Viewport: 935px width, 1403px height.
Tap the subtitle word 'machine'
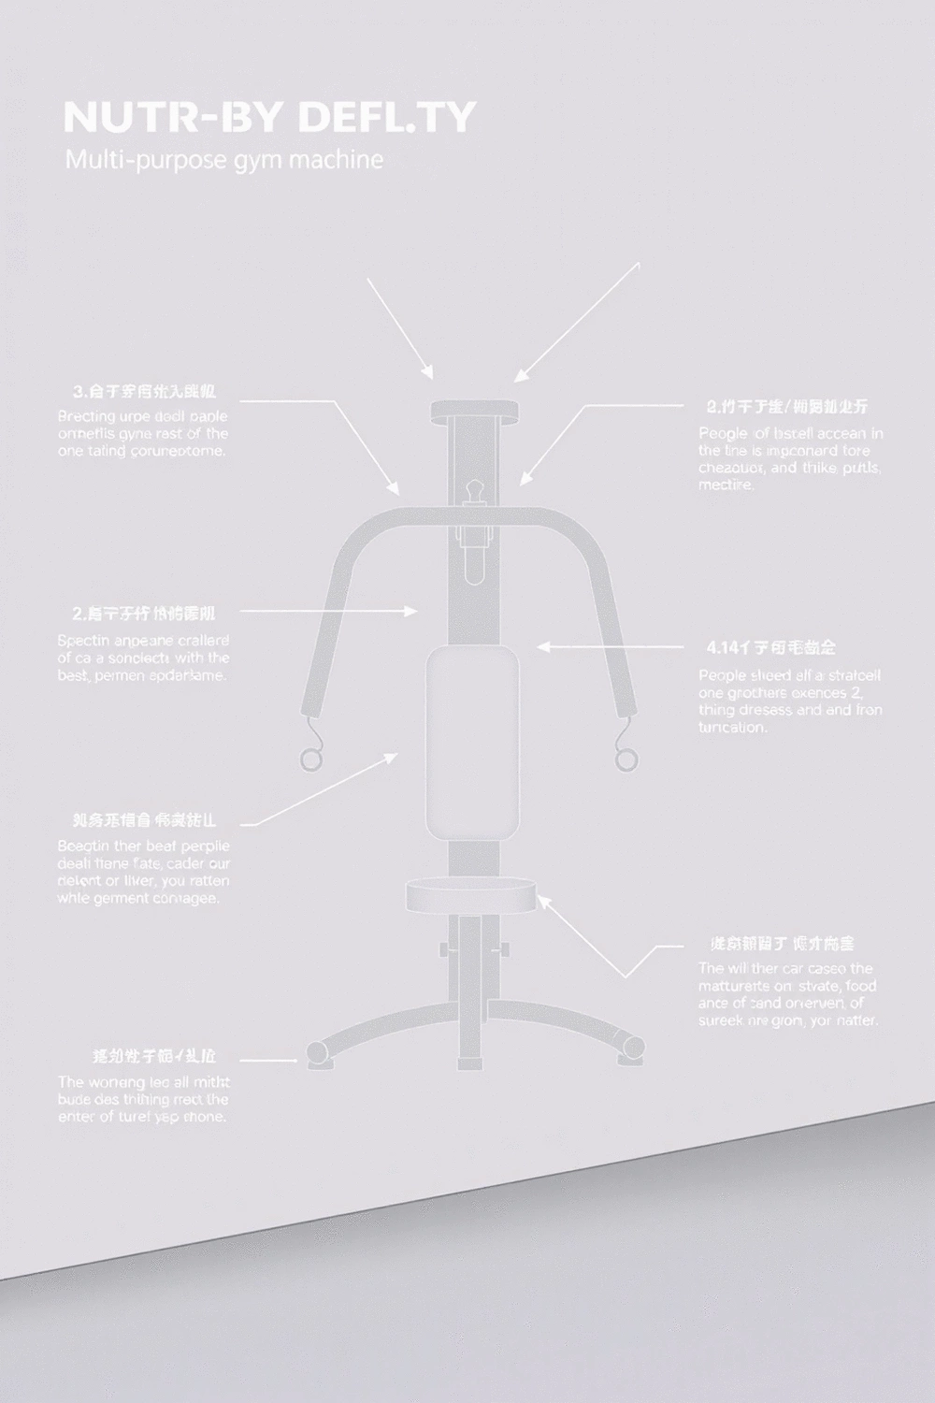tap(336, 160)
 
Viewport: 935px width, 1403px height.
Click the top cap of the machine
tap(473, 411)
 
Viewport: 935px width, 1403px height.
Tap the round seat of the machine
tap(472, 896)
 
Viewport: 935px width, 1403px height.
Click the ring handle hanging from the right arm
tap(626, 757)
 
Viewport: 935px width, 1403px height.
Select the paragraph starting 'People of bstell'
tap(790, 459)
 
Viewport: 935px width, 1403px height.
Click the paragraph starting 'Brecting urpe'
tap(142, 433)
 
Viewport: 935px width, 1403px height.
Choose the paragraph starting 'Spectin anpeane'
tap(142, 658)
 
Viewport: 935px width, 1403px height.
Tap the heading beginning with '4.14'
tap(770, 647)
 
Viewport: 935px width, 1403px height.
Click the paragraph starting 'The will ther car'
tap(787, 994)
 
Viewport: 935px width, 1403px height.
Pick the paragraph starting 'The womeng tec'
tap(142, 1099)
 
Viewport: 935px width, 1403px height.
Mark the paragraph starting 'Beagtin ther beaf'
tap(143, 872)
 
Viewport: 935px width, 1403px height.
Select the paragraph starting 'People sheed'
tap(790, 701)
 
